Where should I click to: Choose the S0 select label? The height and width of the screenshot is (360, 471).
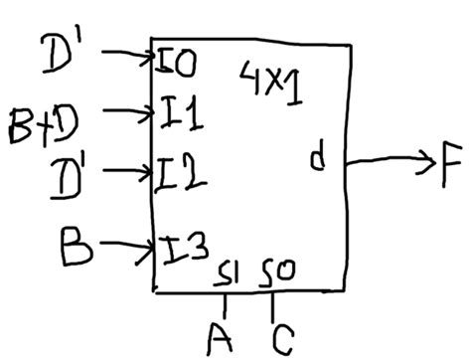click(276, 270)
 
